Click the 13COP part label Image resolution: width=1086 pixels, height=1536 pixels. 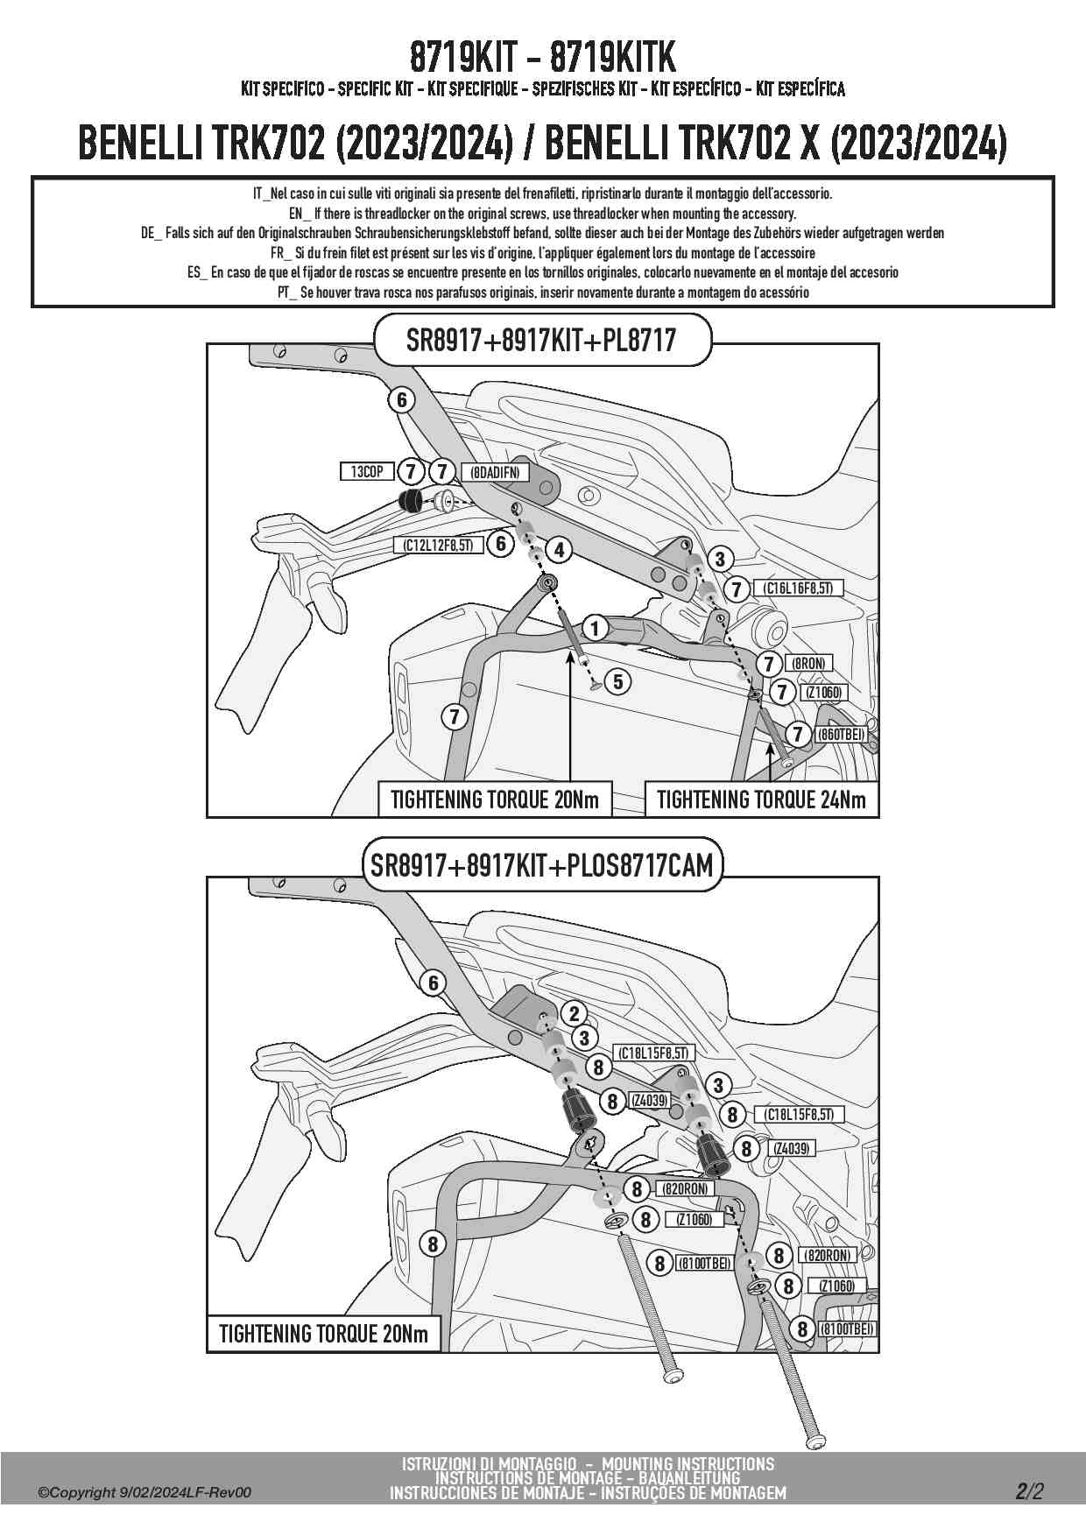tap(366, 472)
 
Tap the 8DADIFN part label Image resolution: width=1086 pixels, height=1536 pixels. tap(494, 473)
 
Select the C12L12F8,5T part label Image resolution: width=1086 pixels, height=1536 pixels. tap(438, 545)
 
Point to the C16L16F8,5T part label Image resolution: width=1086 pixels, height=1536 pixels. tap(798, 588)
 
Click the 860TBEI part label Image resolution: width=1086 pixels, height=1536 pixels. tap(841, 735)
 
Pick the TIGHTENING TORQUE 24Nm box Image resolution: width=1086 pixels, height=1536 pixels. tap(760, 800)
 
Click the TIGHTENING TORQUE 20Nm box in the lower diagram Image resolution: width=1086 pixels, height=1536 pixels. tap(323, 1334)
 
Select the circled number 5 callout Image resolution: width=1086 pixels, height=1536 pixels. tap(618, 680)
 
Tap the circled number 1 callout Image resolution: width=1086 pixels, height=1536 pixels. tap(595, 628)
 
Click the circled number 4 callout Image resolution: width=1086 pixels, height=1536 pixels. tap(558, 550)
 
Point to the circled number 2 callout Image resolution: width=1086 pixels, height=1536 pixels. tap(574, 1014)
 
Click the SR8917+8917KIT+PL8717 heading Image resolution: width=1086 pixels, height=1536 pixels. tap(541, 340)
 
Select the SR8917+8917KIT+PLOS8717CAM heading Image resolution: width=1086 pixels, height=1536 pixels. tap(542, 866)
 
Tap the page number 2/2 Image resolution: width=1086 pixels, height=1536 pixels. tap(1030, 1490)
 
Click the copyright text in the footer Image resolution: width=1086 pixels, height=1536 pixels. tap(145, 1492)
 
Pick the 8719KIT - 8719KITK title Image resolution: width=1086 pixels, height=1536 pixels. tap(542, 58)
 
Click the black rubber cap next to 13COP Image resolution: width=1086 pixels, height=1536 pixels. tap(408, 502)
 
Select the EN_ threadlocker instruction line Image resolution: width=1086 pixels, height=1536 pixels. tap(542, 214)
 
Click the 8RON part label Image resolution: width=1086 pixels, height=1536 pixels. tap(807, 664)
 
